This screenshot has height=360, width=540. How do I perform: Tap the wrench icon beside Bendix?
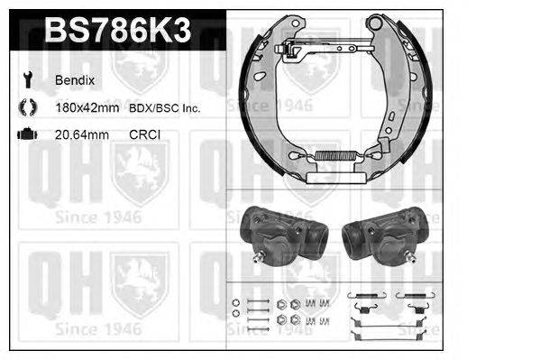point(24,80)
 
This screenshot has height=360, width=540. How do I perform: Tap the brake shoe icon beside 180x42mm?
point(24,108)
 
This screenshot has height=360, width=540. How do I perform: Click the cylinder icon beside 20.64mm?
point(24,135)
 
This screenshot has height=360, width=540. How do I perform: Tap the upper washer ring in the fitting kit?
point(235,301)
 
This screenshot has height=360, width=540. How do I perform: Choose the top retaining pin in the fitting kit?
point(258,300)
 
